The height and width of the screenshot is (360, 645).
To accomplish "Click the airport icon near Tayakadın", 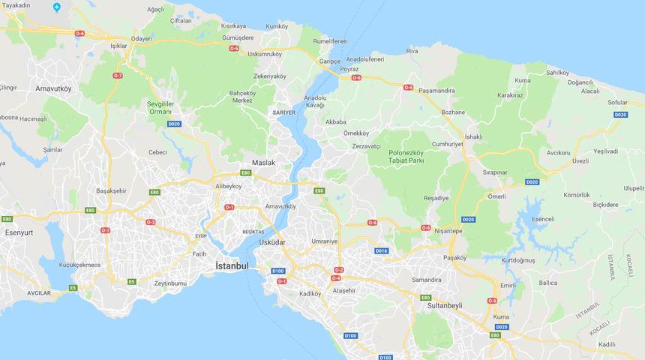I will [58, 7].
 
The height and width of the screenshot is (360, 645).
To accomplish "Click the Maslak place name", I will [264, 163].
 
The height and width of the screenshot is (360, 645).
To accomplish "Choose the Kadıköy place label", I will [307, 295].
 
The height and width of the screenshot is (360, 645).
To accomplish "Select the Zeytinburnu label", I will [170, 284].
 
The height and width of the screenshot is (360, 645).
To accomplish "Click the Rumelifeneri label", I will [331, 40].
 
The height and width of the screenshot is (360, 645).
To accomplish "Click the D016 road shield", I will [381, 250].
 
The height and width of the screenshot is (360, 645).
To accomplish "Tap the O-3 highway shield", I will [151, 222].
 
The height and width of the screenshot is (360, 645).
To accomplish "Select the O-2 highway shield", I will [338, 270].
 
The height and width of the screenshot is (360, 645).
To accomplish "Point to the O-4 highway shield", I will [336, 278].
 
